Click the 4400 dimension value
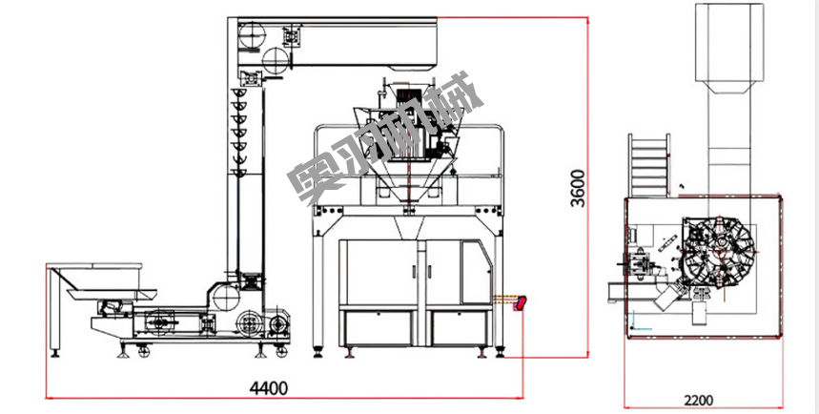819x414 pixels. tap(269, 388)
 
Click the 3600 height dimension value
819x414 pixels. tap(578, 188)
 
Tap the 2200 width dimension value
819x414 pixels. tap(698, 401)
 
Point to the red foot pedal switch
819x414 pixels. tap(521, 303)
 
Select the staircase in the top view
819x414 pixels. tap(648, 165)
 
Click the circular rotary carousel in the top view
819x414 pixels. tap(721, 250)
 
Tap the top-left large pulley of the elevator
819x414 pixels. tap(253, 35)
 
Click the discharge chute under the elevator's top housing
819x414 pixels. tap(413, 67)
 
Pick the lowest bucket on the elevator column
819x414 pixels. tap(239, 172)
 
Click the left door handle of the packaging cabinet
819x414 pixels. tap(413, 272)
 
